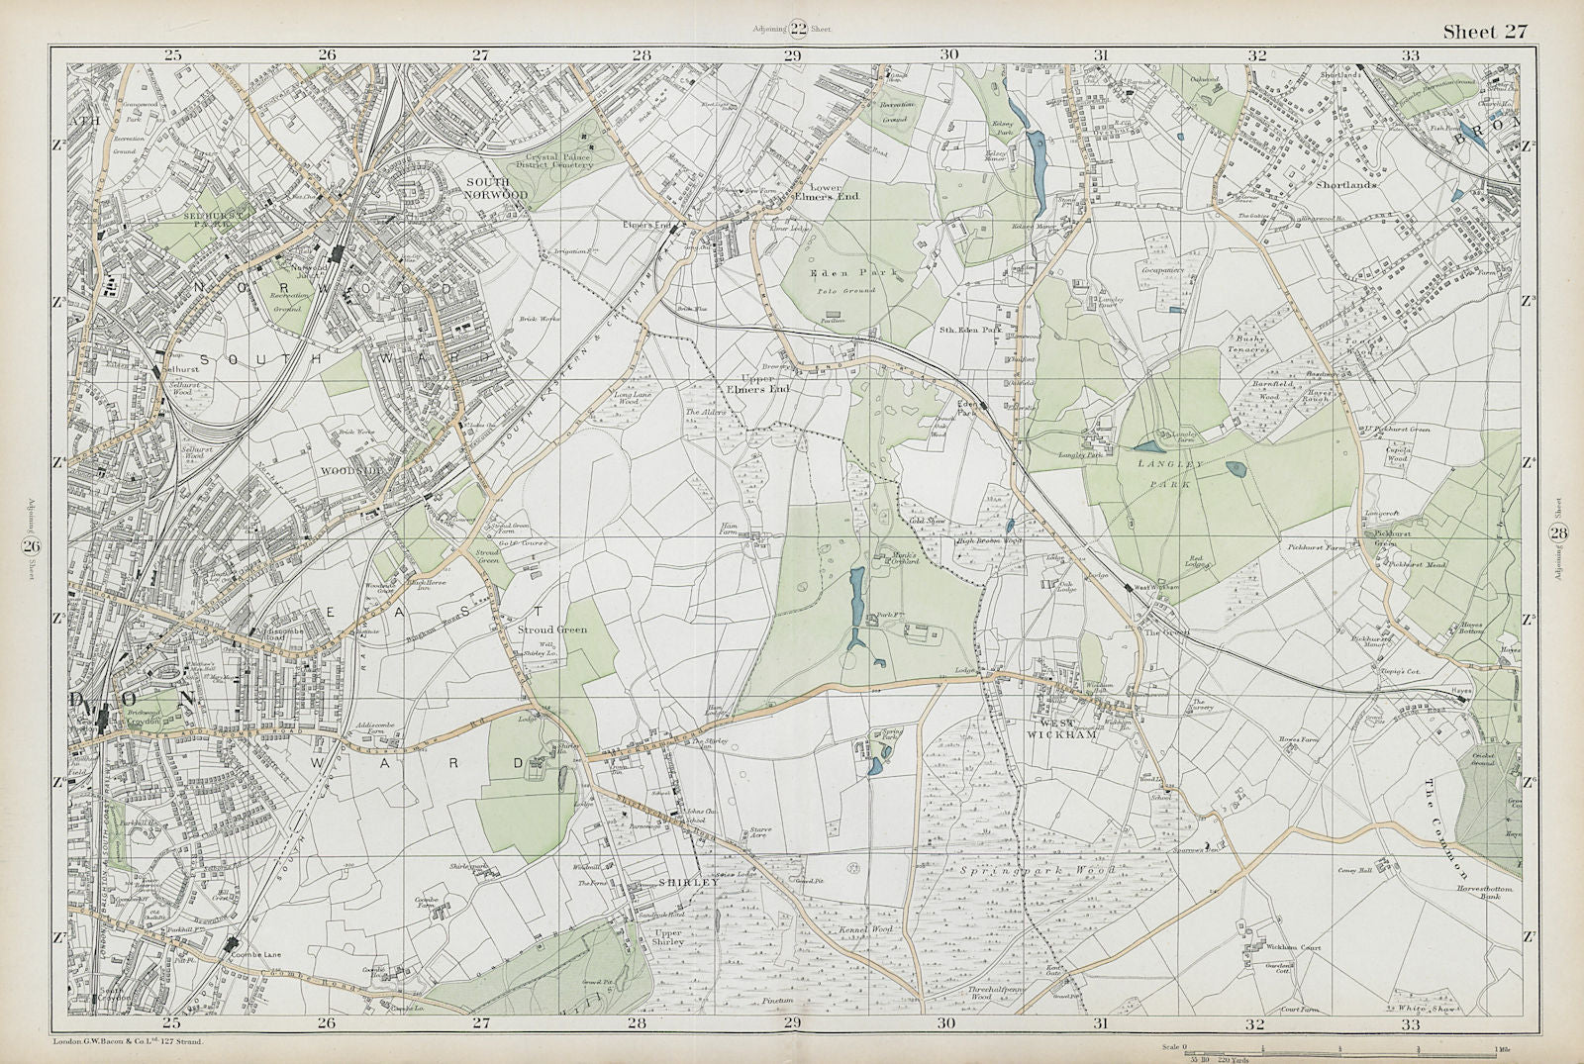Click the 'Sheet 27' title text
[1484, 32]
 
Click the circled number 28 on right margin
[1559, 535]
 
